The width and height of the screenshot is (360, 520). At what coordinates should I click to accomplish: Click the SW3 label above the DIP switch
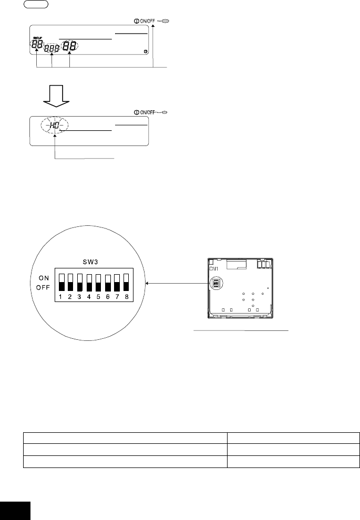(x=93, y=261)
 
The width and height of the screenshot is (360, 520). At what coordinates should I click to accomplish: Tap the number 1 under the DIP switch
(x=61, y=296)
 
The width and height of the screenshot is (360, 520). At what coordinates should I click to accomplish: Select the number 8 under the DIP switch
(x=126, y=296)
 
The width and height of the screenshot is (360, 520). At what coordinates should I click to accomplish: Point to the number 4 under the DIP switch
(x=89, y=296)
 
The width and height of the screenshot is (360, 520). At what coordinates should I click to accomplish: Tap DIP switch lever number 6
(x=108, y=282)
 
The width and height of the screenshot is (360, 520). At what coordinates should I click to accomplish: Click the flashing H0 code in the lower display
(x=55, y=126)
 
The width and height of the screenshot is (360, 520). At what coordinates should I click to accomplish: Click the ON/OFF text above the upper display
(x=142, y=22)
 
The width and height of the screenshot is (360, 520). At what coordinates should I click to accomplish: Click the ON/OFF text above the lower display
(x=143, y=112)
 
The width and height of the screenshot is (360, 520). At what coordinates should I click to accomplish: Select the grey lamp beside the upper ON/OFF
(x=166, y=22)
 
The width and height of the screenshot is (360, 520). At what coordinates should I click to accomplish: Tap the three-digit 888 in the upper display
(x=53, y=47)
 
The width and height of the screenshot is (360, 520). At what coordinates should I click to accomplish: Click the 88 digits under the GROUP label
(x=37, y=45)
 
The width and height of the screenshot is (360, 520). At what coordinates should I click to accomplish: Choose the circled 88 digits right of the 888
(x=70, y=46)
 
